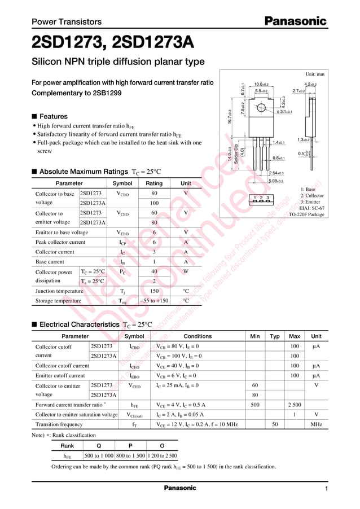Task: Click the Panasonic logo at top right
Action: click(x=296, y=21)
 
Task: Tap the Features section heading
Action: click(x=53, y=116)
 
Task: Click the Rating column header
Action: click(x=154, y=183)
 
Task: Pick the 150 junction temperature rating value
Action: click(x=154, y=291)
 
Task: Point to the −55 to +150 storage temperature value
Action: click(x=154, y=301)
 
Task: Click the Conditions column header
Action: click(x=197, y=336)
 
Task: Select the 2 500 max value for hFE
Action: click(x=294, y=405)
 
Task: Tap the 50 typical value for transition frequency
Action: click(x=275, y=424)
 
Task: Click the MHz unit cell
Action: click(x=316, y=424)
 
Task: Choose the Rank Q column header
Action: click(x=98, y=445)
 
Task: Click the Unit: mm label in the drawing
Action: click(x=314, y=74)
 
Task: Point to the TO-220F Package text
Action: click(x=306, y=214)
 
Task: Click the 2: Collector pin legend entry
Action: click(x=311, y=196)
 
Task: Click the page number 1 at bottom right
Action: click(x=326, y=488)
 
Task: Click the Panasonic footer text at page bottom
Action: click(x=179, y=488)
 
